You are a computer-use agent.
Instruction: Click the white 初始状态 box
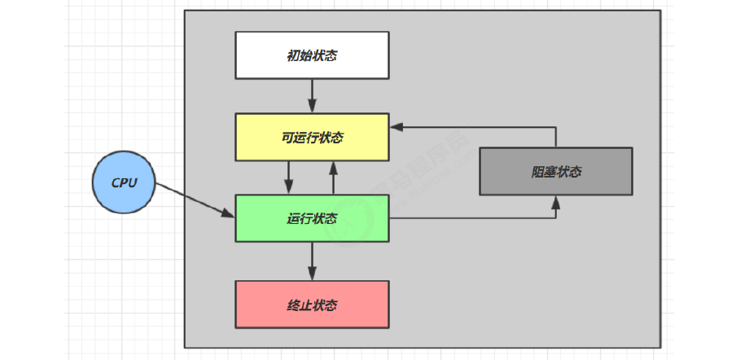point(312,55)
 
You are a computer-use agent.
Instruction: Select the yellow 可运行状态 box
point(312,138)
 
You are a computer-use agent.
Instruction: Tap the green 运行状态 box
point(312,218)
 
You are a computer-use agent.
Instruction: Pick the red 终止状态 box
point(312,305)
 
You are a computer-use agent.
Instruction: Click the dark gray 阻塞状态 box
point(555,171)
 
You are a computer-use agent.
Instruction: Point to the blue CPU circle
point(123,184)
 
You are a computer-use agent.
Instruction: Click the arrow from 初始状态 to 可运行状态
point(312,97)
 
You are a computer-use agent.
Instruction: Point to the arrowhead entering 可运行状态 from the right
point(396,127)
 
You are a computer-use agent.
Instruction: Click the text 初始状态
point(312,55)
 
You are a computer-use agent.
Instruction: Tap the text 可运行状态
point(312,138)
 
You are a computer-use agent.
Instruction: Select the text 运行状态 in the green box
point(312,218)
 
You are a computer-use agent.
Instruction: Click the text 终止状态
point(312,305)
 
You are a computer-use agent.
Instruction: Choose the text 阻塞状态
point(555,171)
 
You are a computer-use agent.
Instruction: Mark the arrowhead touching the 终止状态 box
point(312,274)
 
